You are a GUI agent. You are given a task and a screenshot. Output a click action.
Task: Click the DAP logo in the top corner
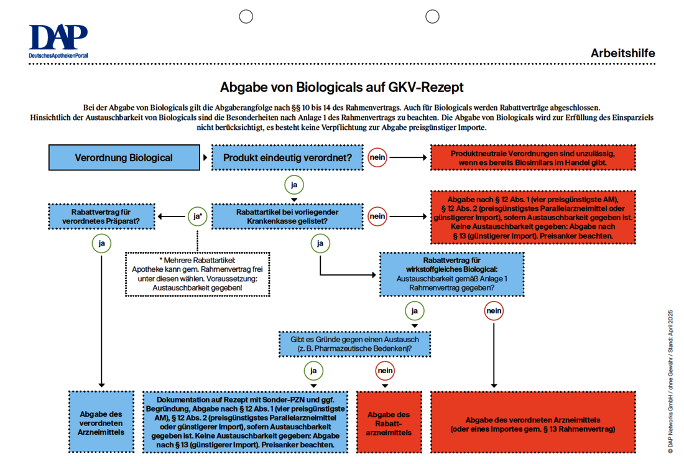point(58,42)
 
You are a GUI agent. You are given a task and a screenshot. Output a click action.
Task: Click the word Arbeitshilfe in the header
point(622,53)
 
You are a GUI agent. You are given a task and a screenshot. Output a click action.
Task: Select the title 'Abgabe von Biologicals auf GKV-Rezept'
point(342,87)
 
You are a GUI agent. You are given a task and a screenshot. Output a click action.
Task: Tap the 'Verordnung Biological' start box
point(124,157)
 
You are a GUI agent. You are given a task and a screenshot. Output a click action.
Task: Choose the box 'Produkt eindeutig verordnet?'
point(287,157)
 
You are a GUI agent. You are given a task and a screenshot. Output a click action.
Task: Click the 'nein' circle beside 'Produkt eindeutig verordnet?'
point(377,157)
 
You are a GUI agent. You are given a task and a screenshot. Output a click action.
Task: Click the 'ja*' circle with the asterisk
point(197,216)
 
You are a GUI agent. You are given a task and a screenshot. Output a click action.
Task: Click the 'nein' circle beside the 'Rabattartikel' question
point(377,216)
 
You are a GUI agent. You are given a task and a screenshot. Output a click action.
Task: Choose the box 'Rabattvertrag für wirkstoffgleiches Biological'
point(451,274)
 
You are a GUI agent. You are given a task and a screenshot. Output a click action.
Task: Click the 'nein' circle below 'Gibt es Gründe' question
point(386,371)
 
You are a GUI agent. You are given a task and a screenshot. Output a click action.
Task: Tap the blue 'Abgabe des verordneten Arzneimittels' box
point(102,423)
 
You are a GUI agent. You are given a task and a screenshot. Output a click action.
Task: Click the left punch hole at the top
point(246,16)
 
